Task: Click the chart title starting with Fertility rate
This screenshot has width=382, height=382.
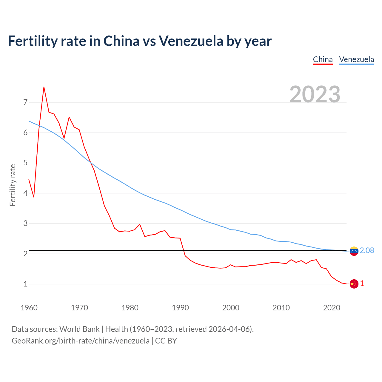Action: pos(140,41)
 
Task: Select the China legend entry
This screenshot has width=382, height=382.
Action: pos(323,59)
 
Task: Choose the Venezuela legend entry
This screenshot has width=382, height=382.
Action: pos(356,59)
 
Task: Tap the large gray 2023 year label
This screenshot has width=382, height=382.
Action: pos(315,94)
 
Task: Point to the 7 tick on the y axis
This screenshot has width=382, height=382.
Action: pos(25,102)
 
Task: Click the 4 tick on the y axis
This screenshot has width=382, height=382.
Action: pos(25,193)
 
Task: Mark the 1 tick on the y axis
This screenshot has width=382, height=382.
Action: pos(25,284)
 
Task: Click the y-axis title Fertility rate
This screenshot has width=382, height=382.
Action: pos(13,185)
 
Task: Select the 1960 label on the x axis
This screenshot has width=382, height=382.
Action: pos(29,308)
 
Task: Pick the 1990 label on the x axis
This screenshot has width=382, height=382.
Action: pos(180,308)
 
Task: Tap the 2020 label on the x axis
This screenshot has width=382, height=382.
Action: pos(332,308)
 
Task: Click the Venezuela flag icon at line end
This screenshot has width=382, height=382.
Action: pos(354,251)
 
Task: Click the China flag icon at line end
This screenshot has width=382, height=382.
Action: pos(354,284)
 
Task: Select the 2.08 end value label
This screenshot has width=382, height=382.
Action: pos(367,250)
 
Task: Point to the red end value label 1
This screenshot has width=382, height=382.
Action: pos(362,284)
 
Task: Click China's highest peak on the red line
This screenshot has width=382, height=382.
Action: pos(44,87)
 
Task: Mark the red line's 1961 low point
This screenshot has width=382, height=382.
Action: pos(34,197)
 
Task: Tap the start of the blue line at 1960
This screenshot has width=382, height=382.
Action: pos(29,121)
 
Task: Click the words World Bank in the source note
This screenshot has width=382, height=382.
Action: pos(79,329)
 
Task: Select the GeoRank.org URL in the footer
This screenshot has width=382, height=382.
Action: pos(81,341)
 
